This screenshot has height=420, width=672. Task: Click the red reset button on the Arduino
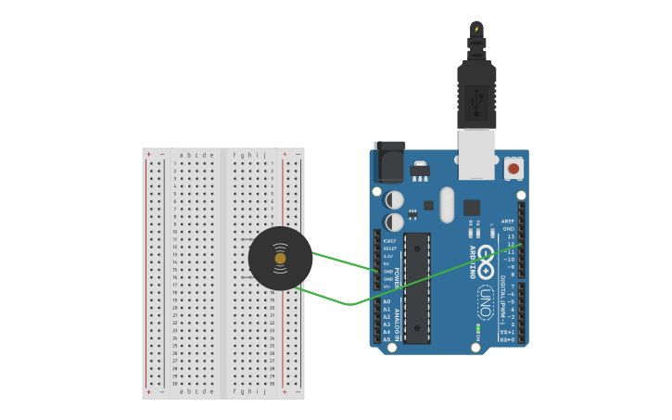click(514, 169)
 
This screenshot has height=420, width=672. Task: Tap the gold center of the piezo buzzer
click(280, 258)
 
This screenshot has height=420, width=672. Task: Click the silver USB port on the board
click(477, 154)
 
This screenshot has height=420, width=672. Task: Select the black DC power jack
click(388, 162)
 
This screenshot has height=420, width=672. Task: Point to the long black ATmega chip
click(417, 287)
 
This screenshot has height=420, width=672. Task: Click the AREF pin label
click(507, 221)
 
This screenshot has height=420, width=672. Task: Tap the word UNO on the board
click(486, 302)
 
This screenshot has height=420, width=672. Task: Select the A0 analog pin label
click(387, 301)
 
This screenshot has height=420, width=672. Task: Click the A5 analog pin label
click(387, 339)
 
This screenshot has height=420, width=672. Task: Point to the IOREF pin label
click(389, 241)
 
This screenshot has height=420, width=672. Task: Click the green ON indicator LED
click(478, 327)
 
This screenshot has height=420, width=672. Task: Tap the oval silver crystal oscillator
click(447, 205)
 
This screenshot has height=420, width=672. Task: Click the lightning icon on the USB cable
click(476, 29)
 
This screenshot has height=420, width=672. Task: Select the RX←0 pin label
click(507, 339)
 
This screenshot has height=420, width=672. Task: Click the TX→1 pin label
click(507, 332)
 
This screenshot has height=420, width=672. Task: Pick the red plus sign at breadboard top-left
click(148, 155)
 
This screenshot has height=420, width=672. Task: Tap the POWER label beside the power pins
click(399, 277)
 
